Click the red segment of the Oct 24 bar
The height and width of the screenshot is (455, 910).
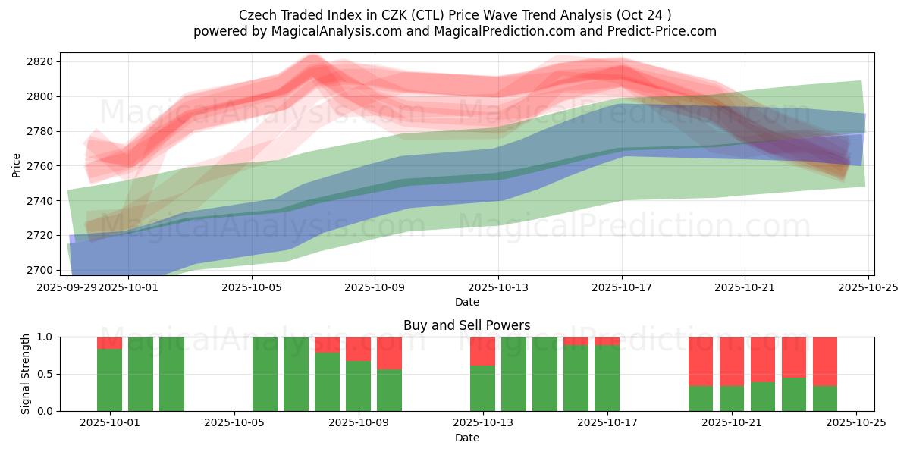(825, 361)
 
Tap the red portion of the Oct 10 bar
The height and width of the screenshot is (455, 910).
(389, 353)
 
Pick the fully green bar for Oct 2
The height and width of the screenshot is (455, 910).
(140, 374)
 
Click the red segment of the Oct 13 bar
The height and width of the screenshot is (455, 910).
(482, 351)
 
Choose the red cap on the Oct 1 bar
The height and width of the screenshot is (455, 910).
(109, 343)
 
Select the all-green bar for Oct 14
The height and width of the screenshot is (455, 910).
(513, 374)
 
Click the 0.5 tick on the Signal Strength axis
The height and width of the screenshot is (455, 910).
(43, 374)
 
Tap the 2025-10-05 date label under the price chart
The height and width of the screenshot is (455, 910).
(251, 287)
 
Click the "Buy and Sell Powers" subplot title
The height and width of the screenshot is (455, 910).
(466, 325)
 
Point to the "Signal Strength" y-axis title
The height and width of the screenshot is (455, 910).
(25, 374)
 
